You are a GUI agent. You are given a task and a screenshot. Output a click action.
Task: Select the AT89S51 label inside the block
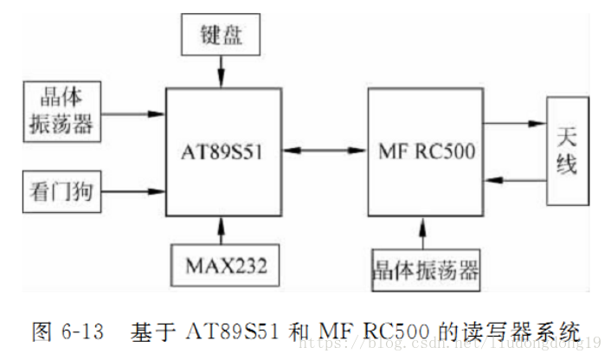tap(223, 152)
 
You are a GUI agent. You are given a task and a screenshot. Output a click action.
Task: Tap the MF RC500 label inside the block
tap(426, 152)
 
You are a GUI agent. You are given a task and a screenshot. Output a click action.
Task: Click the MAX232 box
tap(225, 265)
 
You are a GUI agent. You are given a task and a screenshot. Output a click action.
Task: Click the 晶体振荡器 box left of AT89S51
tap(57, 111)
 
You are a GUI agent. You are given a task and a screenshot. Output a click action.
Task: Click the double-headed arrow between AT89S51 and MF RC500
tap(325, 152)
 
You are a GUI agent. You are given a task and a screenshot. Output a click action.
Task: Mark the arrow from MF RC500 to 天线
tap(514, 123)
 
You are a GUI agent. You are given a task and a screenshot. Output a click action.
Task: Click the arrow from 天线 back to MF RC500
tap(514, 180)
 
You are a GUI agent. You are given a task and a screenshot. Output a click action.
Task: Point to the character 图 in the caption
tap(42, 331)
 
